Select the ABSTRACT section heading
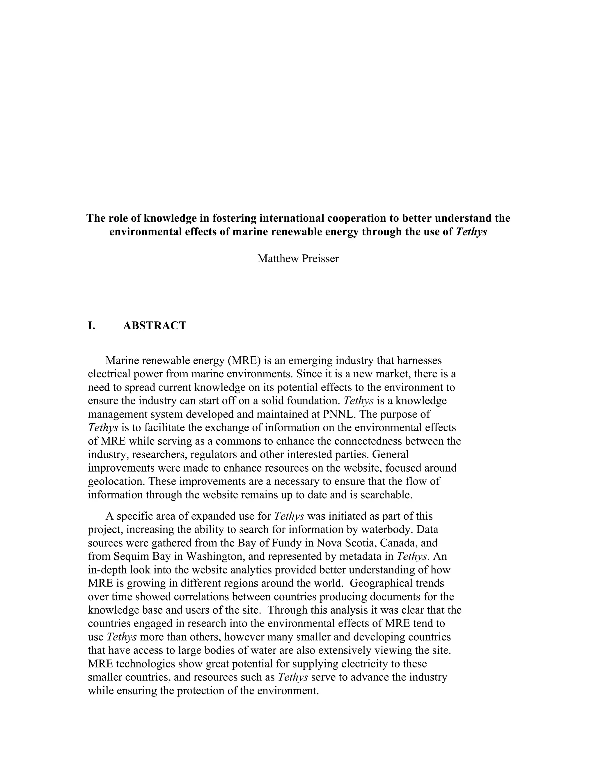click(155, 326)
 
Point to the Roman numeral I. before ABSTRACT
click(91, 326)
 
